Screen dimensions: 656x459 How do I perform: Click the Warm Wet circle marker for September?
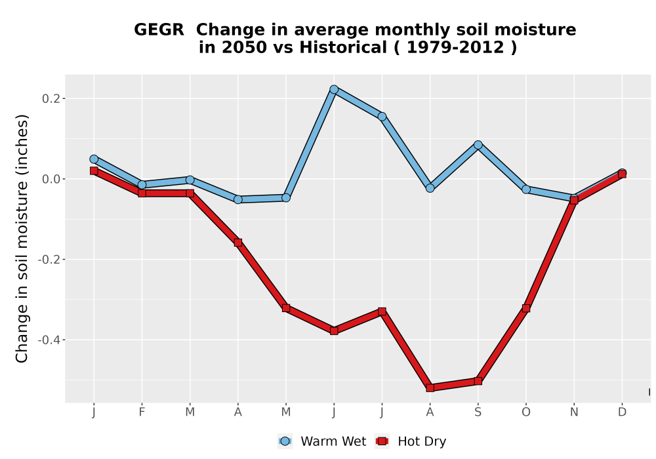tap(478, 145)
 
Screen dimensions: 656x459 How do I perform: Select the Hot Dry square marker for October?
tap(526, 308)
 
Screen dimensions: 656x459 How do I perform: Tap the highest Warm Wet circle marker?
tap(334, 89)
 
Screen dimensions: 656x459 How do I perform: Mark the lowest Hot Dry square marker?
tap(430, 388)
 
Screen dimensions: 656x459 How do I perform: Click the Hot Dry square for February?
tap(142, 193)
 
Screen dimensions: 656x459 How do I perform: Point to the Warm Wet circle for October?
tap(526, 190)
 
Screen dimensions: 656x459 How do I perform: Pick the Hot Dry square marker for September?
tap(478, 381)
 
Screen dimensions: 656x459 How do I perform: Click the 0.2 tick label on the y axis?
tap(51, 98)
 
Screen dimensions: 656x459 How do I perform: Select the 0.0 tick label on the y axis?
tap(51, 179)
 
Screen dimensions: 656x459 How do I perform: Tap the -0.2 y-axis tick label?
tap(49, 260)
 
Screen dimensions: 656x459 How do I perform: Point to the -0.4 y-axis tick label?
tap(49, 340)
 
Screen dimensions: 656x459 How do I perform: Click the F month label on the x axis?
tap(142, 412)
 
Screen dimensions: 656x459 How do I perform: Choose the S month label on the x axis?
tap(478, 412)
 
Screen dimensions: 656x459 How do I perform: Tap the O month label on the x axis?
tap(526, 412)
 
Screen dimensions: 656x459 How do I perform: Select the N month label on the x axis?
tap(574, 412)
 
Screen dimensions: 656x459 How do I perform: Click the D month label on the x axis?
tap(622, 412)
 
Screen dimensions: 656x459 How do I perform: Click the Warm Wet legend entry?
tap(321, 441)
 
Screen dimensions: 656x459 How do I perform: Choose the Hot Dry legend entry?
tap(411, 441)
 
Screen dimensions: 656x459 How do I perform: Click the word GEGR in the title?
tap(159, 30)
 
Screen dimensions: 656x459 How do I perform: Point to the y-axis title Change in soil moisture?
tap(22, 238)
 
